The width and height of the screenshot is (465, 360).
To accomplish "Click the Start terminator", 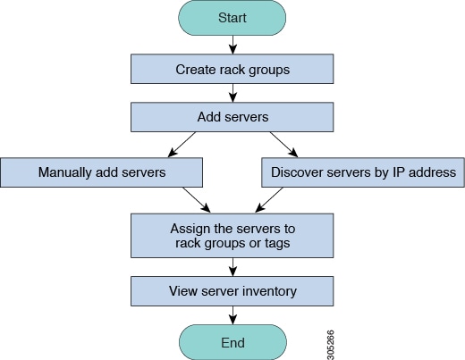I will [232, 17].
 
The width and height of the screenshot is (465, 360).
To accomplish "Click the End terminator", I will [232, 341].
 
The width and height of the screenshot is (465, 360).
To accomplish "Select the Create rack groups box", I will [232, 68].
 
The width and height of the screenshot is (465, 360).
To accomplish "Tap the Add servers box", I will [232, 116].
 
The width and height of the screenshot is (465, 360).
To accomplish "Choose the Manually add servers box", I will [101, 172].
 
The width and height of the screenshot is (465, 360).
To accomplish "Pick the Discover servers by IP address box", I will [363, 172].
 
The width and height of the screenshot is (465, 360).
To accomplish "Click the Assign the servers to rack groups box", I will [232, 235].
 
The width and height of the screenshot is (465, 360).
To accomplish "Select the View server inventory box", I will [232, 291].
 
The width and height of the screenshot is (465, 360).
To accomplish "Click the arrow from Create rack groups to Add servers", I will [232, 92].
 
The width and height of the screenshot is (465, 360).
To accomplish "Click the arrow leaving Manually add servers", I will [195, 198].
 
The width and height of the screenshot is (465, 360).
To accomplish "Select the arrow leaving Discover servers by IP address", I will [270, 198].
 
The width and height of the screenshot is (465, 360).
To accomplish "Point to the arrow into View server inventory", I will [232, 266].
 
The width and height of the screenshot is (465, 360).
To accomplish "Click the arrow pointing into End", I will [232, 314].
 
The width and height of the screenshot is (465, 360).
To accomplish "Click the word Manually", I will [66, 172].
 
